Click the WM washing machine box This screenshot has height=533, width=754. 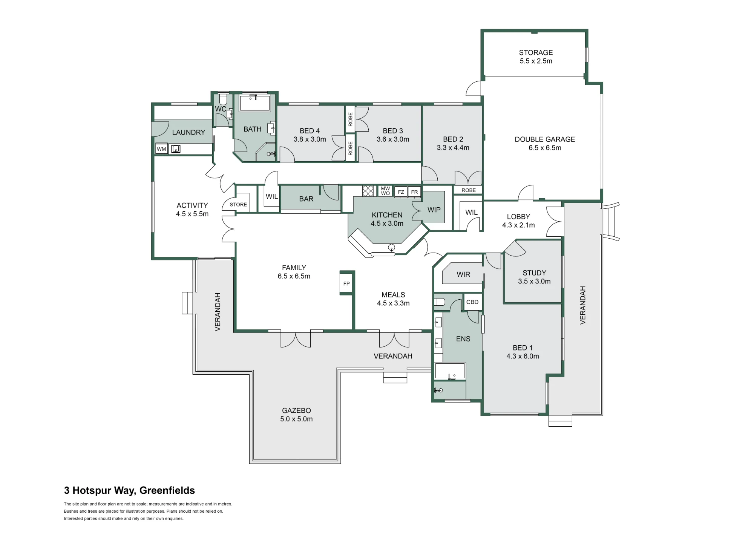161,149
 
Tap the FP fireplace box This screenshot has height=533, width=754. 346,283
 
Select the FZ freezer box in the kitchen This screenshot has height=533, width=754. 401,192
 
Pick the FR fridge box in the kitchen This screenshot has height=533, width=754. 414,192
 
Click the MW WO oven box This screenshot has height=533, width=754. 385,191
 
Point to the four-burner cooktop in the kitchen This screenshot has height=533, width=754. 368,191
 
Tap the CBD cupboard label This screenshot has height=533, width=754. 472,302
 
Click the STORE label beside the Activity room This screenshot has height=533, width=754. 238,204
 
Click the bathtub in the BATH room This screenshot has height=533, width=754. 255,103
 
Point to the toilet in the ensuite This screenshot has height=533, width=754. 440,302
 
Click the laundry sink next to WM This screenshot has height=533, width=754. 176,149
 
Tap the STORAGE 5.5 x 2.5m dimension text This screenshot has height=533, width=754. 536,61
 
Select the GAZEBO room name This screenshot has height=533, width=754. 296,410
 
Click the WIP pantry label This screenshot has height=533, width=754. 434,210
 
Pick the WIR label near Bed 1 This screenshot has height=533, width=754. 463,274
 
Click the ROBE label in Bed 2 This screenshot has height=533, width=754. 469,190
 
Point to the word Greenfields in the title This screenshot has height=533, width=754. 167,490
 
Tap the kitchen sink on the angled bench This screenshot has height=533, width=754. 392,248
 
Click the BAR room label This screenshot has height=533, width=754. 306,199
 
